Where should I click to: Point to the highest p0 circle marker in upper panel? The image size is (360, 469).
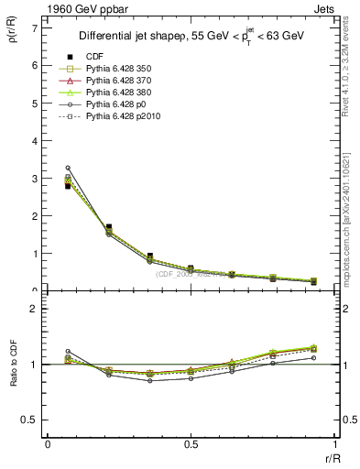(x=68, y=168)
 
